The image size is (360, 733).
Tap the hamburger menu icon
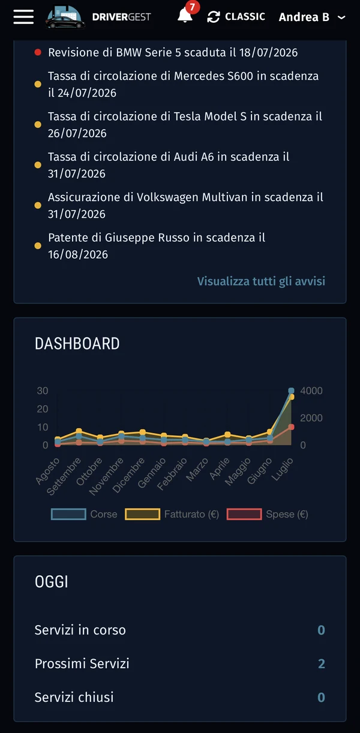23,17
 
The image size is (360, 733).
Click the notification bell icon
184,16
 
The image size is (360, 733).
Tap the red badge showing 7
192,7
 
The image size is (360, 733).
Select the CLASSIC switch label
245,17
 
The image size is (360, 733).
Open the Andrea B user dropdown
312,17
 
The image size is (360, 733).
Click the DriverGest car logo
65,17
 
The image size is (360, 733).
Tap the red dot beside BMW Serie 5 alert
38,52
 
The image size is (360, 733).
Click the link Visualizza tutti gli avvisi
261,281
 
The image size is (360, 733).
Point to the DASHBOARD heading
77,343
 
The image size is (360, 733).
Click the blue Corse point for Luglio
292,390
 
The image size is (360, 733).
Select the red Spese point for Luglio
292,427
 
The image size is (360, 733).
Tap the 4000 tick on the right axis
311,391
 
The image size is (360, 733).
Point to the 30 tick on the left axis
43,391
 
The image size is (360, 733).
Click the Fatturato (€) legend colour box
143,514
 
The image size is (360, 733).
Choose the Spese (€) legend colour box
244,514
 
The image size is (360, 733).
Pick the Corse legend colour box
68,514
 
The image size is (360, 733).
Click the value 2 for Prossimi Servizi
322,663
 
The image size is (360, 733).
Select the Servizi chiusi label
74,698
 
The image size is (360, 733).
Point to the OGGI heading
52,582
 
